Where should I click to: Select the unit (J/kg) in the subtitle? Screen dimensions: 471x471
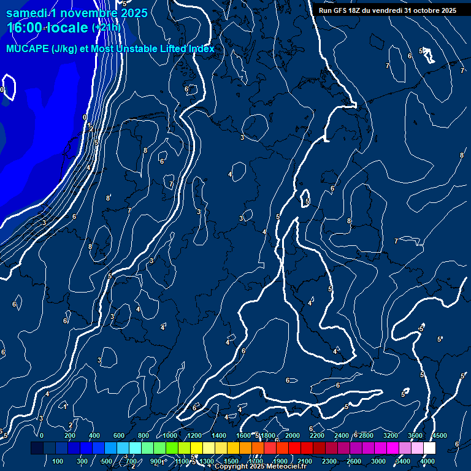point(65,49)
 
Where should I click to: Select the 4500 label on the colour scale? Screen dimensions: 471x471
point(440,435)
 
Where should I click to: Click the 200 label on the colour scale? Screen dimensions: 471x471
point(70,435)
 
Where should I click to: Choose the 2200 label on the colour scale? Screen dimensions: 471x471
point(317,435)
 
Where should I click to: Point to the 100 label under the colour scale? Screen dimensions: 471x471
point(58,461)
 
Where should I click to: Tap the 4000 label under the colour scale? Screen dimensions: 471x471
point(427,461)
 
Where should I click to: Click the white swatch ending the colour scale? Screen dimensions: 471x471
point(429,448)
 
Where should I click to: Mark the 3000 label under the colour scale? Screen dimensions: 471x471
point(378,461)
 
